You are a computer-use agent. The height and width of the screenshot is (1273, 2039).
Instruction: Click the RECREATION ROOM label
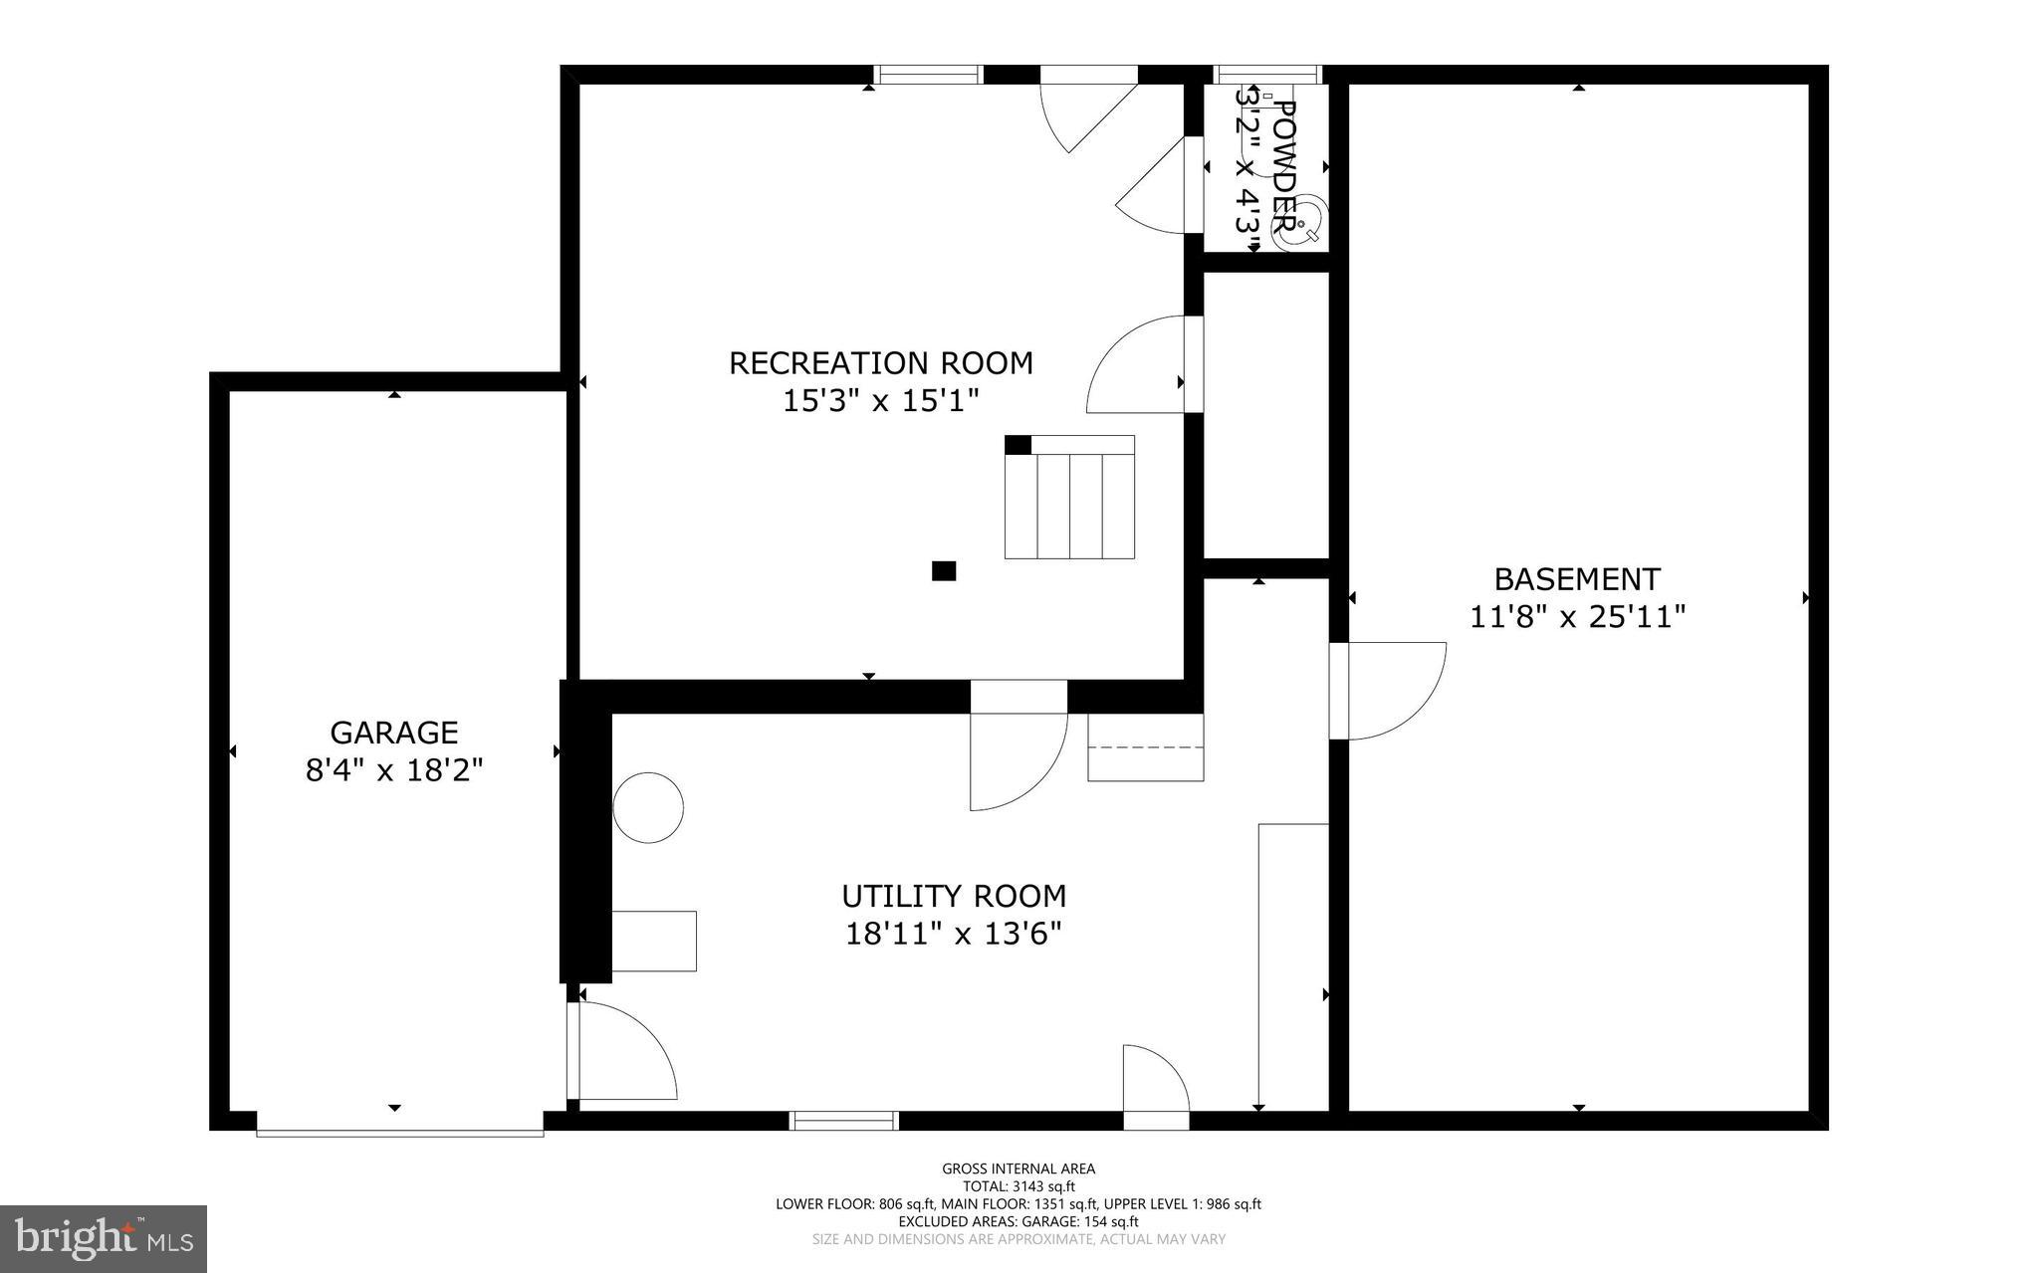pyautogui.click(x=880, y=363)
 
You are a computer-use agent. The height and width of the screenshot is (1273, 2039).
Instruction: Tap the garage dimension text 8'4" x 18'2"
pyautogui.click(x=393, y=770)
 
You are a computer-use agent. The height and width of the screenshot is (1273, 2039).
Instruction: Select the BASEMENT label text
pyautogui.click(x=1577, y=579)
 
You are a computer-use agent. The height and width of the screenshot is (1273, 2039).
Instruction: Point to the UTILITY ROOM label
pyautogui.click(x=954, y=897)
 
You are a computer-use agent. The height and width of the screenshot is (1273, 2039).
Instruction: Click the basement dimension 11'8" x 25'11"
pyautogui.click(x=1577, y=618)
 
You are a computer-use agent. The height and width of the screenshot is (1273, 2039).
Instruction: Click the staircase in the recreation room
pyautogui.click(x=1069, y=503)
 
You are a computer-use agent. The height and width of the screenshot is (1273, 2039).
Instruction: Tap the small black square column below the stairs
pyautogui.click(x=943, y=570)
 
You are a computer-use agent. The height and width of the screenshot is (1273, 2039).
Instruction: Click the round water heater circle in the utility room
pyautogui.click(x=648, y=808)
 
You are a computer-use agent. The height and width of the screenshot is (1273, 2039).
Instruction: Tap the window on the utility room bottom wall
pyautogui.click(x=844, y=1121)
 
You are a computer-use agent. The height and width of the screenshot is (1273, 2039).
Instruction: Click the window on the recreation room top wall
pyautogui.click(x=928, y=75)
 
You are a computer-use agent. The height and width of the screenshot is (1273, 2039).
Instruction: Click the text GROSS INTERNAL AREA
pyautogui.click(x=1018, y=1168)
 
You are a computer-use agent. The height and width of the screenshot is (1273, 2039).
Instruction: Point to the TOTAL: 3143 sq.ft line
pyautogui.click(x=1018, y=1186)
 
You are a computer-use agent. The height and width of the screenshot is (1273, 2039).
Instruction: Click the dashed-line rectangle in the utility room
pyautogui.click(x=1145, y=747)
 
